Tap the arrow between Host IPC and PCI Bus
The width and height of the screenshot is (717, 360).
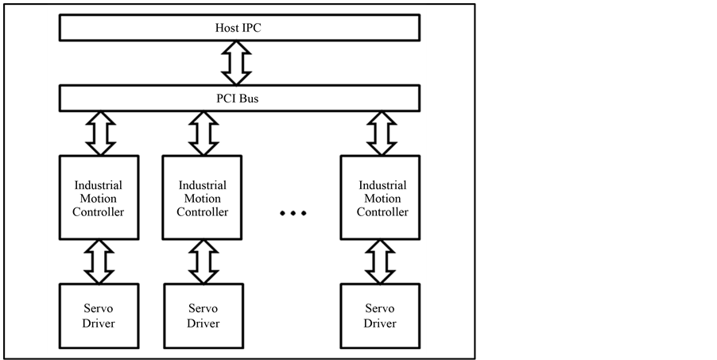point(237,64)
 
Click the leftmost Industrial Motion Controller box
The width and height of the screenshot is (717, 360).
point(99,198)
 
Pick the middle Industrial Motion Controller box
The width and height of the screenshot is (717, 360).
point(202,198)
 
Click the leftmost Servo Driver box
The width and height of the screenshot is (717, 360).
point(99,315)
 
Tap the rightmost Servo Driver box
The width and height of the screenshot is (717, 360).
point(380,315)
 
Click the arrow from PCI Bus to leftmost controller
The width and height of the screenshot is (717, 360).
point(99,133)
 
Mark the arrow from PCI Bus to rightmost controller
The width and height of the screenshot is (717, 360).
point(381,133)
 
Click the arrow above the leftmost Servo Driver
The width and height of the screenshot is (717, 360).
point(99,261)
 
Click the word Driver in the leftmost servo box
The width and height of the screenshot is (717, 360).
point(99,323)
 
